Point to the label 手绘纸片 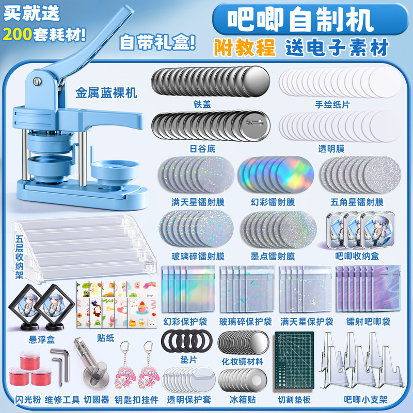[x=332, y=104]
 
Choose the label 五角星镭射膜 [x=357, y=202]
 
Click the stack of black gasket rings [x=186, y=341]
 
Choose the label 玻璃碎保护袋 [x=245, y=322]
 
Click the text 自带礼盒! [x=158, y=42]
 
